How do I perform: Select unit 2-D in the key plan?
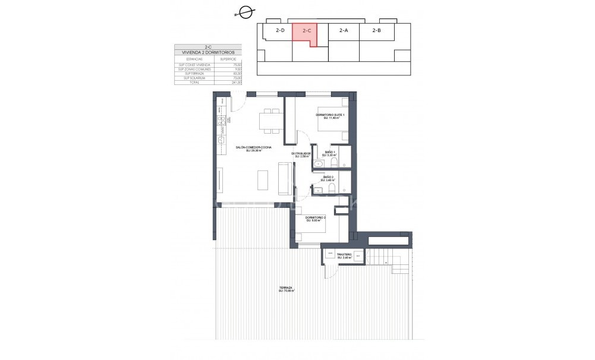click(280, 30)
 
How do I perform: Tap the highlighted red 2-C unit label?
click(307, 30)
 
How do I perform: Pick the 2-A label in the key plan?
click(344, 30)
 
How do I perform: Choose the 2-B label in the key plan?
click(376, 30)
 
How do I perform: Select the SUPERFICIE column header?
click(228, 59)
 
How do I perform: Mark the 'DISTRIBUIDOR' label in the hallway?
click(301, 154)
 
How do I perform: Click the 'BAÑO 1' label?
click(330, 153)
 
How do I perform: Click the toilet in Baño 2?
click(333, 188)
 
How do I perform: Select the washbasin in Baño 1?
click(318, 163)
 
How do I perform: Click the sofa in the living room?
click(285, 178)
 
